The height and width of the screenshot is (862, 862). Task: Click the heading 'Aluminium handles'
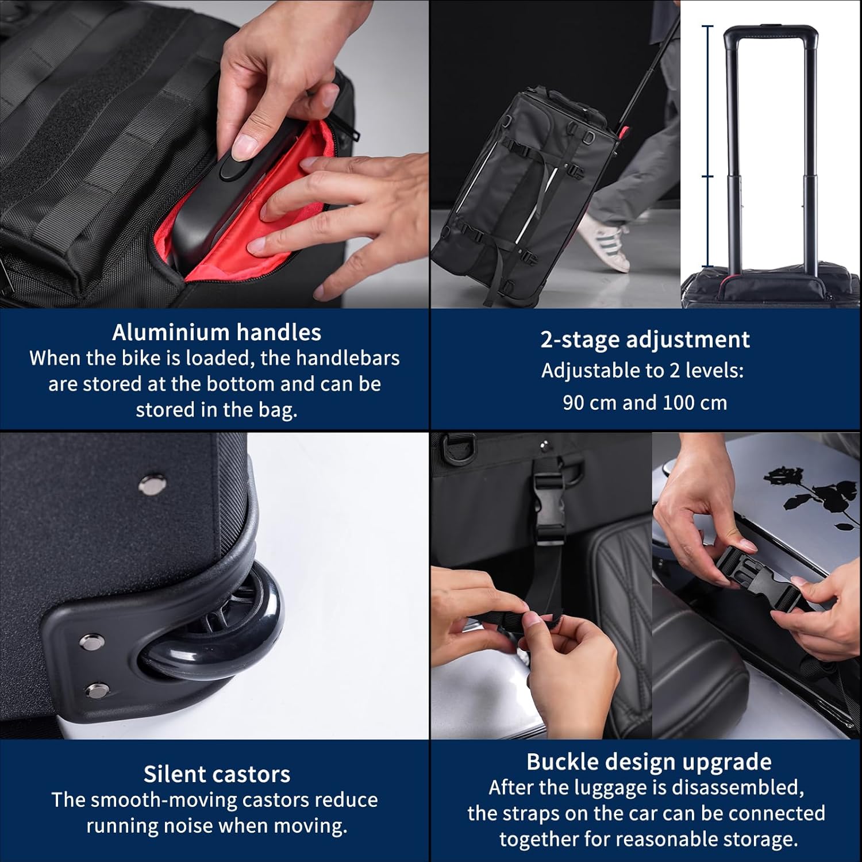(x=217, y=332)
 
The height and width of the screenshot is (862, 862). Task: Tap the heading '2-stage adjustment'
(x=645, y=340)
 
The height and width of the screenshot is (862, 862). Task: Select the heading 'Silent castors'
(x=217, y=774)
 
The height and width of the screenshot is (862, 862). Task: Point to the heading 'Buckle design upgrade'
(x=649, y=762)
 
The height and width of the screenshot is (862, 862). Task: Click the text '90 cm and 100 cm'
(x=645, y=402)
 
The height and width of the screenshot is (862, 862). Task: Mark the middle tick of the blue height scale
(x=708, y=176)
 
